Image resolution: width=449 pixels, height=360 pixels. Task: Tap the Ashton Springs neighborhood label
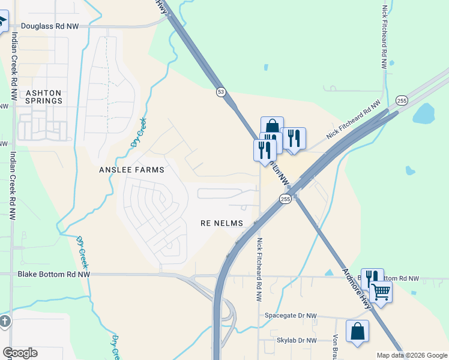[43, 97]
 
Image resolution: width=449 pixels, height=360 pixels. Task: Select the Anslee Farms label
[131, 170]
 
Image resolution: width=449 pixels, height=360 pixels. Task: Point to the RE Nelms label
[221, 223]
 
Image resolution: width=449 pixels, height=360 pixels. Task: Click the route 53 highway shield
[221, 92]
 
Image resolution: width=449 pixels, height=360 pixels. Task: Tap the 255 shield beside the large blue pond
[402, 100]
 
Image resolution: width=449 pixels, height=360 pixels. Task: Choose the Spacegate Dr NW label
[291, 316]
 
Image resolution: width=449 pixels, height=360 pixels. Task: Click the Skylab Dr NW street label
[297, 340]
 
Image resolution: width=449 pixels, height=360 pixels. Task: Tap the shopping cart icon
[381, 293]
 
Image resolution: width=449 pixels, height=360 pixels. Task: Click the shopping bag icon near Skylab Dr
[358, 331]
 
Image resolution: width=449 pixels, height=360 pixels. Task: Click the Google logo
[20, 353]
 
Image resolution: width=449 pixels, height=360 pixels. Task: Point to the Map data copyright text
[411, 355]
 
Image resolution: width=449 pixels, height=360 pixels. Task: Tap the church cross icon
[4, 321]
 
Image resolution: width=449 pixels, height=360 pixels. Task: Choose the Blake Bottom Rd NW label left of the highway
[54, 274]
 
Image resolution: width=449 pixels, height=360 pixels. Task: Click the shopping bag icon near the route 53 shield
[272, 127]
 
